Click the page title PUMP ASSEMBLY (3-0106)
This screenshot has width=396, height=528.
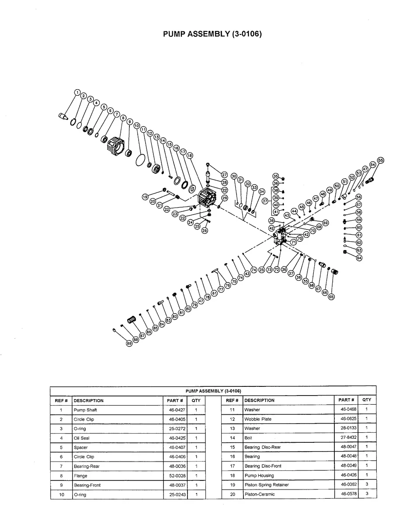click(x=212, y=34)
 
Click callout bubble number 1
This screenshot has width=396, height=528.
click(x=77, y=93)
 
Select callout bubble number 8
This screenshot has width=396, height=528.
click(x=123, y=118)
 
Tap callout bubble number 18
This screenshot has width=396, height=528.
click(x=190, y=156)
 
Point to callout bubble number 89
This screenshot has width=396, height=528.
click(x=129, y=344)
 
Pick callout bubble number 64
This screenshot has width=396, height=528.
click(x=359, y=258)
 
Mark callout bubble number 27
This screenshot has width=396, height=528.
click(x=224, y=175)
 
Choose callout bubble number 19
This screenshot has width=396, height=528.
click(x=146, y=197)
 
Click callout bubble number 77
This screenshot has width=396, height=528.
click(x=221, y=289)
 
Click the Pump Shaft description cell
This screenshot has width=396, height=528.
click(x=86, y=410)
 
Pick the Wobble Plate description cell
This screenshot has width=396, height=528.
click(x=258, y=419)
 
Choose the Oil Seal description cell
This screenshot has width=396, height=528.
click(x=82, y=438)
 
